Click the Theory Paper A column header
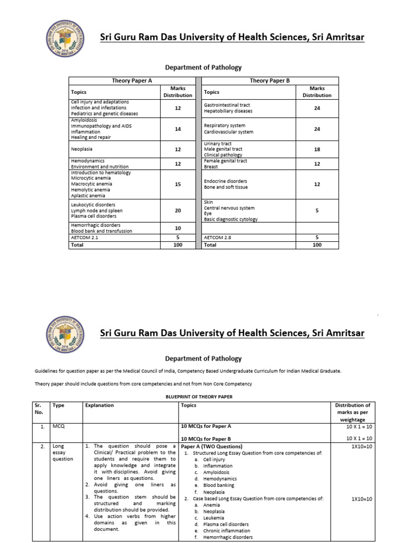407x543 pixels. coord(132,80)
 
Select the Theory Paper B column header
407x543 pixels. coord(270,80)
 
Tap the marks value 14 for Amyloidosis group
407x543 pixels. coord(178,129)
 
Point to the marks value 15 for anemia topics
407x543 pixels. coord(178,184)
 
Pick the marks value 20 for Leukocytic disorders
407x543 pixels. coord(178,211)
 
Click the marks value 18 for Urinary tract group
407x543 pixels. coord(317,150)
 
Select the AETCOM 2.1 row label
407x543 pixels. coord(85,238)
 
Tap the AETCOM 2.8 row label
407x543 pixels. coord(218,238)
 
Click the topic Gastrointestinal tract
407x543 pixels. coord(227,105)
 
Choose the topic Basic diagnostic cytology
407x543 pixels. coord(231,220)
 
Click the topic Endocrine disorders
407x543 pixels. coord(225,181)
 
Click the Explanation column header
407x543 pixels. coord(99,405)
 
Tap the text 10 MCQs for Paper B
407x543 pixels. coord(206,439)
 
